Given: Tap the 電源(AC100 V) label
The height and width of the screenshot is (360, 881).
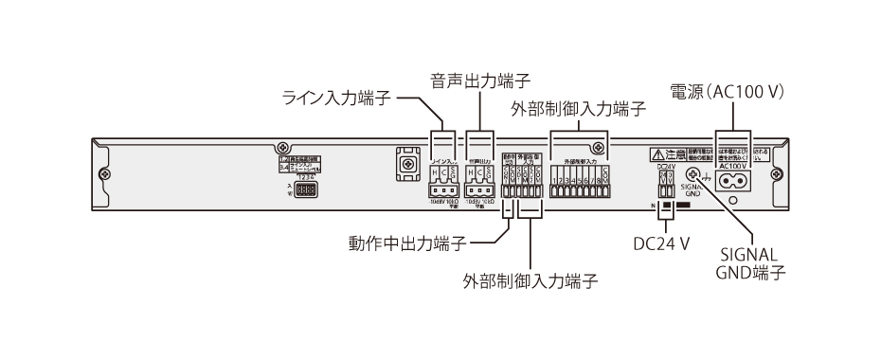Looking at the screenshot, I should point(730,93).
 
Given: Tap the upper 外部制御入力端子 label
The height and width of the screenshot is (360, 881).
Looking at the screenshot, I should point(578,109).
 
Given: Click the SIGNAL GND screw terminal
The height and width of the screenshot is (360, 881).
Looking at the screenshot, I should point(692,175).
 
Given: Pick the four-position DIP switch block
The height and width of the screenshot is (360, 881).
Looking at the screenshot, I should point(305,189).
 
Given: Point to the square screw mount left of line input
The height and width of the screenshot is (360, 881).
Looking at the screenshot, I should point(406,167).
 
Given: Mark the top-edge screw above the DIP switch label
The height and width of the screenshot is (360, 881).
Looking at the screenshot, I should point(282,148).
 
